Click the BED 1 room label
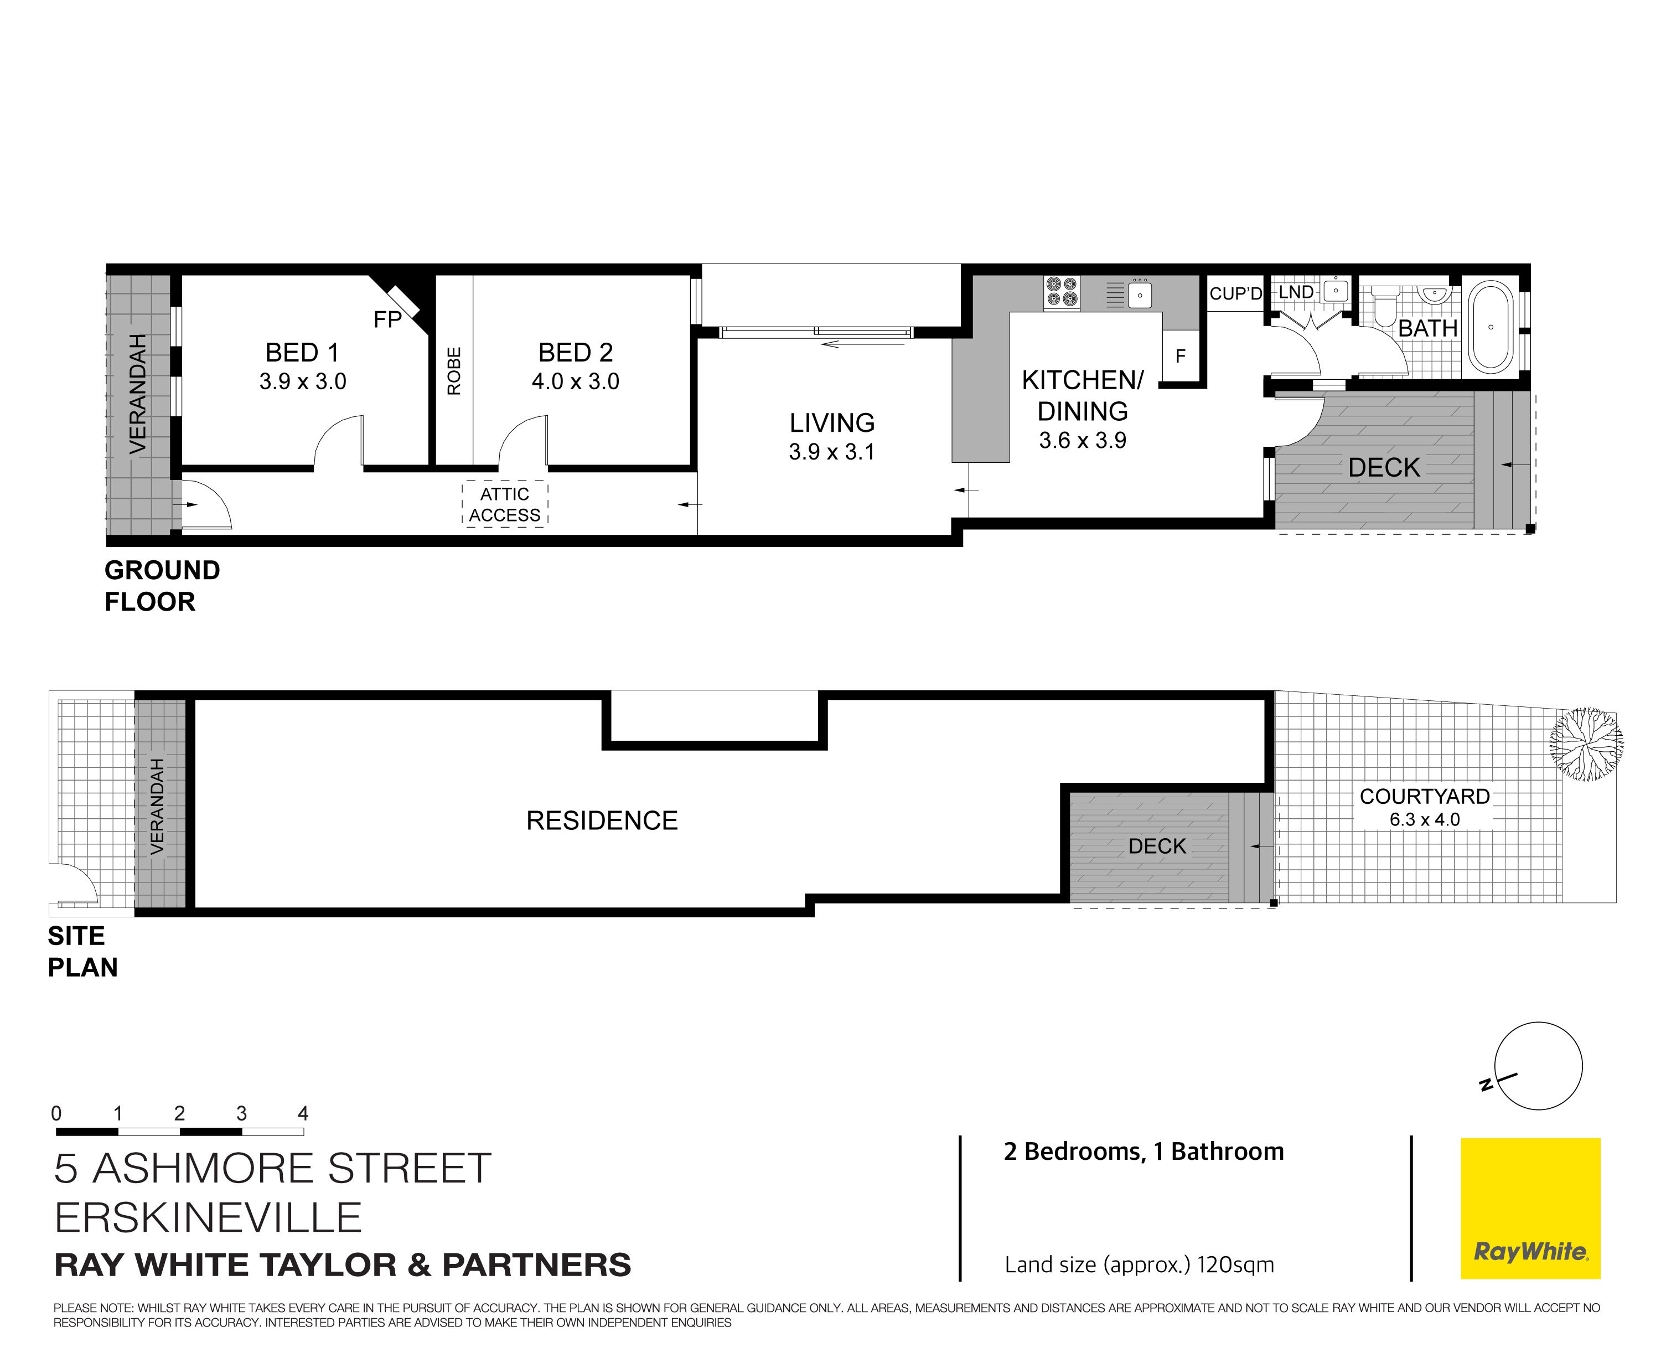pyautogui.click(x=302, y=353)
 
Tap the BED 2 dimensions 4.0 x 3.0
pyautogui.click(x=576, y=381)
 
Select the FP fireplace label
pyautogui.click(x=387, y=319)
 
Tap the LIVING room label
pyautogui.click(x=832, y=423)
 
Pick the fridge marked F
pyautogui.click(x=1180, y=357)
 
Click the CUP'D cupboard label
pyautogui.click(x=1235, y=293)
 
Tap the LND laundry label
pyautogui.click(x=1296, y=292)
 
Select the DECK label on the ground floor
pyautogui.click(x=1384, y=468)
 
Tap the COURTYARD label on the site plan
pyautogui.click(x=1425, y=796)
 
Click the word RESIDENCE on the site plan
pyautogui.click(x=602, y=820)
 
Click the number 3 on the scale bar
pyautogui.click(x=242, y=1113)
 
